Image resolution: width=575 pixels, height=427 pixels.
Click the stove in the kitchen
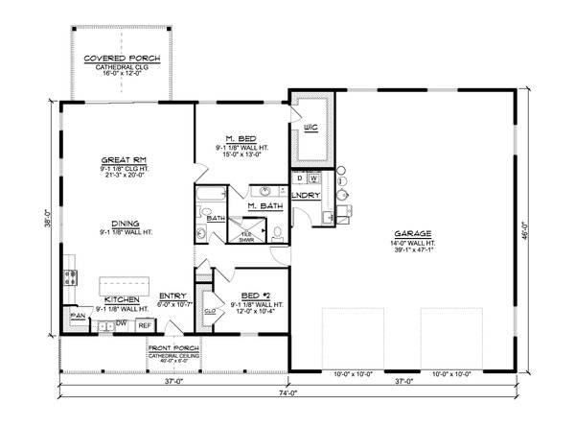[x=69, y=280]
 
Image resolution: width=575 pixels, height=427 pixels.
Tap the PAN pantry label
[x=76, y=314]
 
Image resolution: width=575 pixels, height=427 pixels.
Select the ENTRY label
[x=172, y=296]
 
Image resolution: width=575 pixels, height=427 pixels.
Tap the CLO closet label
[x=209, y=311]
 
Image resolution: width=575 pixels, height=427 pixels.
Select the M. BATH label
[x=264, y=206]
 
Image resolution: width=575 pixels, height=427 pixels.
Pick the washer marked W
[x=313, y=178]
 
